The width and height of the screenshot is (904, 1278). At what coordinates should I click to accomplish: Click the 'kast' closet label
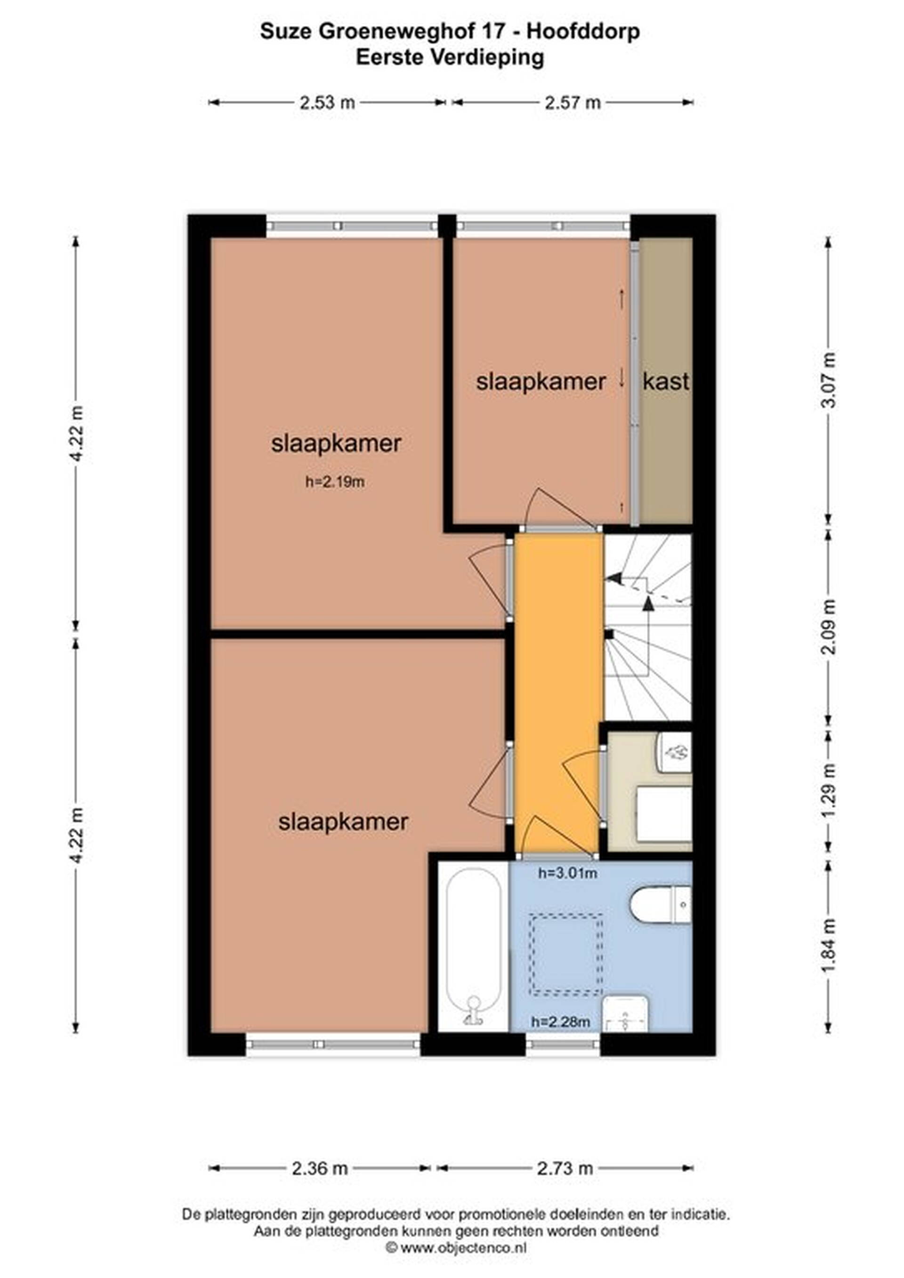point(666,382)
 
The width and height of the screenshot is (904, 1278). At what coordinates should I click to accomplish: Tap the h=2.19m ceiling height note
point(335,482)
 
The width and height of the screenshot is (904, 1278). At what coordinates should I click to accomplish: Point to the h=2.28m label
point(561,1021)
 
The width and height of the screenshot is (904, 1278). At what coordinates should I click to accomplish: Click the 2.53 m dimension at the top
point(327,103)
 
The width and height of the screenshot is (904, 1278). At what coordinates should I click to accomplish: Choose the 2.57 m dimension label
point(573,103)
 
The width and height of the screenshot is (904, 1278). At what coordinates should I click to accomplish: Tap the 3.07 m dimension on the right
point(829,380)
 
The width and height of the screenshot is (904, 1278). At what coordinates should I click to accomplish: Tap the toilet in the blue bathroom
point(660,905)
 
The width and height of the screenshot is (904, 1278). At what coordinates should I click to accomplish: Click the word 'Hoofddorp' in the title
point(583,32)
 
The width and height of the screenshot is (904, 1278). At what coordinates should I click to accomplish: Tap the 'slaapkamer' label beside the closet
point(541,382)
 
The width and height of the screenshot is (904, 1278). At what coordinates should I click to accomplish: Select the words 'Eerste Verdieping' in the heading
point(450,57)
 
